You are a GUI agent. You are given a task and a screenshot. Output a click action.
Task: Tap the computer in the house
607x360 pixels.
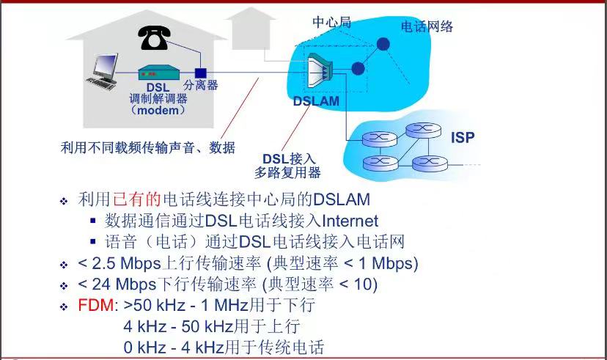102,72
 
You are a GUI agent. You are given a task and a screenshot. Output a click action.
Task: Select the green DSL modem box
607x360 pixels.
159,73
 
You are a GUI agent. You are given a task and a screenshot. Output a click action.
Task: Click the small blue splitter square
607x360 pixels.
201,73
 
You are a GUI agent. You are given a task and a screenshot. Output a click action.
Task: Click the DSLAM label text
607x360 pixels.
316,101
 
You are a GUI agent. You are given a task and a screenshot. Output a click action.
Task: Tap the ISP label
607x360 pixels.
463,137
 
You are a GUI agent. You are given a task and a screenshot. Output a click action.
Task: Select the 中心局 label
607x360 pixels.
332,22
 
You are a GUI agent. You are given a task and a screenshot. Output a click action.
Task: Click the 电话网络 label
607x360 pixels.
427,26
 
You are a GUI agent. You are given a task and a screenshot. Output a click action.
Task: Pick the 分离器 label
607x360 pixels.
201,85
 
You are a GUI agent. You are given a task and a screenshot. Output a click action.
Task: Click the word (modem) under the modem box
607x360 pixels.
158,110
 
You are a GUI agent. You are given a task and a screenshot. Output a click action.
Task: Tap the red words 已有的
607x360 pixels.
137,199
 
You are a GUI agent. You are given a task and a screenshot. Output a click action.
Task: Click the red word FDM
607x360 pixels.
95,306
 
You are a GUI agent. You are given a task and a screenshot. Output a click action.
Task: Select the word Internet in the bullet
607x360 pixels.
350,221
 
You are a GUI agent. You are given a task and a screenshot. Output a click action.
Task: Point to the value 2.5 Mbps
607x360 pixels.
126,264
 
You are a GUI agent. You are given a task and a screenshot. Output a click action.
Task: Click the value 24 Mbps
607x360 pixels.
125,284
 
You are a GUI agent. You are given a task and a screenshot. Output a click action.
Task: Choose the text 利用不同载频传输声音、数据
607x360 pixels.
148,147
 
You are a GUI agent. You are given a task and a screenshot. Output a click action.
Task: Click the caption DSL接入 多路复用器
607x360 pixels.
287,166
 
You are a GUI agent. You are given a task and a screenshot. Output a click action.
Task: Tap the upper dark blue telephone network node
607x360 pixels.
383,44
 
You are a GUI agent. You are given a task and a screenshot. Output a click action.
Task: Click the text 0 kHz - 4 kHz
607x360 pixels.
174,348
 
